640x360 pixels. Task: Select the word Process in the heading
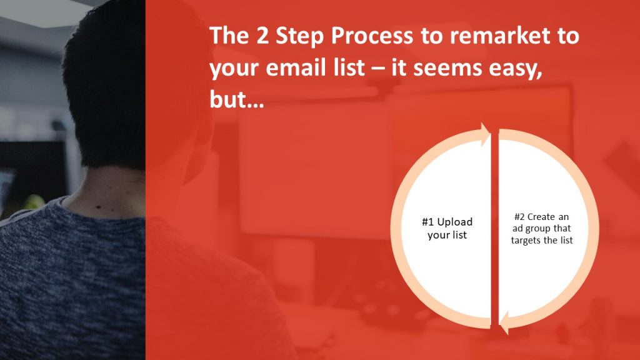(372, 36)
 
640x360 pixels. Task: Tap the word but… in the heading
(237, 99)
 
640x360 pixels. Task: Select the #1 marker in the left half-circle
(428, 222)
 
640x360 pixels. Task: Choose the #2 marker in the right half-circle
(519, 217)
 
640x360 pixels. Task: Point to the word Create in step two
(541, 217)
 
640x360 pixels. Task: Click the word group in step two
(537, 229)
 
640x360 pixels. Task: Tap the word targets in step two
(526, 241)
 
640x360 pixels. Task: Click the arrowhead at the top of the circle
(485, 134)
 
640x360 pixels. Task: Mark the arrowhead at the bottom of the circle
(504, 322)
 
